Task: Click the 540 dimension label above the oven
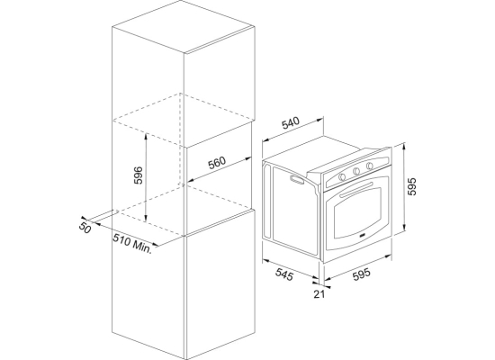tap(290, 123)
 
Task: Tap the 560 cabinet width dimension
tap(217, 163)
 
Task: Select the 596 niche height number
tap(139, 175)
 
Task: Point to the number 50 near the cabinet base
tap(85, 228)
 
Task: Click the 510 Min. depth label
tap(133, 243)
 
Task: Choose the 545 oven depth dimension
tap(284, 274)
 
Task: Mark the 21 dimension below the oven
tap(319, 294)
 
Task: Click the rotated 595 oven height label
tap(412, 186)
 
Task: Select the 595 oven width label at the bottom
tap(362, 274)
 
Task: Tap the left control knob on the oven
tap(342, 176)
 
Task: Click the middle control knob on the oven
tap(356, 171)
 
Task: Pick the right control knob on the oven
tap(369, 166)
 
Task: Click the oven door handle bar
tap(356, 190)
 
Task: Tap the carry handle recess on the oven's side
tap(297, 179)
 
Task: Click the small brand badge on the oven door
tap(362, 236)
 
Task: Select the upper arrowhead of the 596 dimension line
tap(146, 136)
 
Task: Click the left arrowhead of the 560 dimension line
tap(191, 181)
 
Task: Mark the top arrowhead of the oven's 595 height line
tap(404, 146)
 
